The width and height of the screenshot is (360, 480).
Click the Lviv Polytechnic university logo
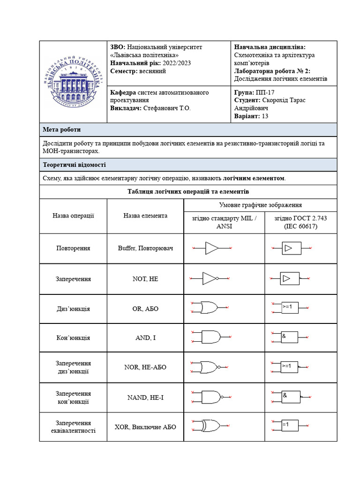click(73, 82)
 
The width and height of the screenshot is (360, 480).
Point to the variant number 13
click(265, 116)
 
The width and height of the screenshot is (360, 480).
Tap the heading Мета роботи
click(61, 130)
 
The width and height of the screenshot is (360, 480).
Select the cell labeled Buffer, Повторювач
click(145, 248)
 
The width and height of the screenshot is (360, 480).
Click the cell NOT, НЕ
click(145, 279)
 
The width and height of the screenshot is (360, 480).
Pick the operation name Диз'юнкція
click(73, 309)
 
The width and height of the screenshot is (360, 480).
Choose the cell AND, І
click(145, 337)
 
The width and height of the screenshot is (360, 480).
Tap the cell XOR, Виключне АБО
click(145, 427)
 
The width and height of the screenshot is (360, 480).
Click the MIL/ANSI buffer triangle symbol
click(212, 248)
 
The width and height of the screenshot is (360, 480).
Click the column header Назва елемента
click(145, 216)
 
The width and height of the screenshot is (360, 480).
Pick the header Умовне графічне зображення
click(260, 205)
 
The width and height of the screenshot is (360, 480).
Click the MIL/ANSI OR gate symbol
click(209, 307)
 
